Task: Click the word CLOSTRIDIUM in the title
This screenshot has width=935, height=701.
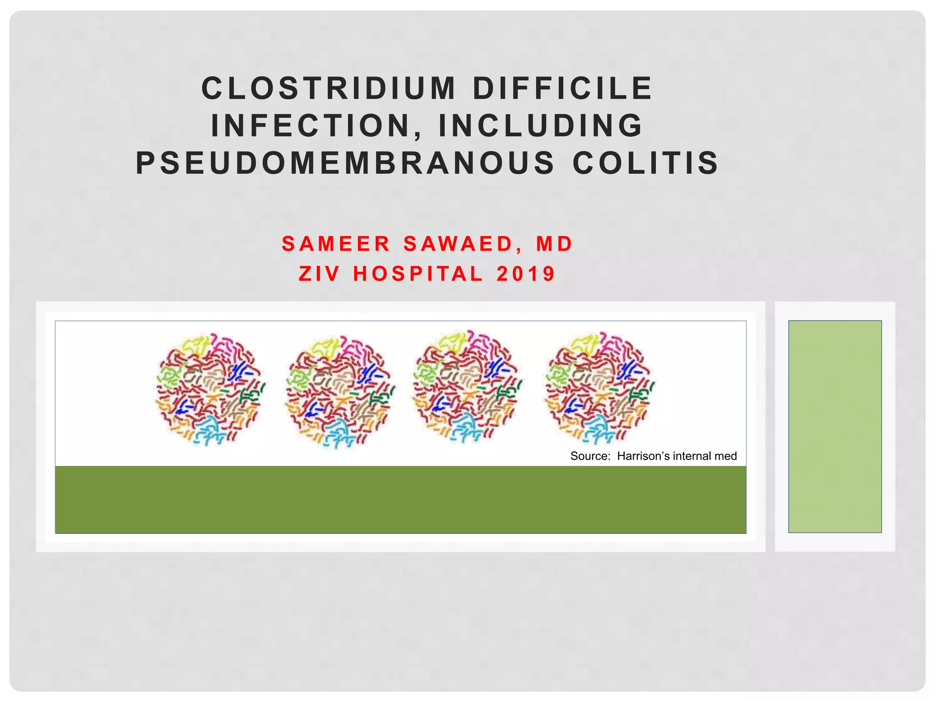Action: (x=329, y=88)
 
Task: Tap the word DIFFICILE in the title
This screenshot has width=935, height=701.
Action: (x=562, y=88)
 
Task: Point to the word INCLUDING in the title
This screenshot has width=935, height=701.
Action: (x=541, y=126)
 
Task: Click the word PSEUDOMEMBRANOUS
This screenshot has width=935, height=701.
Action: (x=345, y=163)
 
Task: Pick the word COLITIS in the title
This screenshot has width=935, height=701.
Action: (x=646, y=163)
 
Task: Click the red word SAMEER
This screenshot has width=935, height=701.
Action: (x=336, y=244)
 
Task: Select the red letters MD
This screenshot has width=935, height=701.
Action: (x=554, y=244)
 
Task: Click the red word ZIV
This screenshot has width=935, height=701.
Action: (x=319, y=274)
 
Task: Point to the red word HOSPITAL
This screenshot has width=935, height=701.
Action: (x=418, y=274)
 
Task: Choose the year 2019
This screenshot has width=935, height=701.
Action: (x=526, y=274)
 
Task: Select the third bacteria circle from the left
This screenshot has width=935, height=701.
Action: (x=467, y=387)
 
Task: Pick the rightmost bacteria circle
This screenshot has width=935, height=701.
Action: (x=599, y=388)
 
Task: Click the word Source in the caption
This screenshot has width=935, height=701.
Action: (x=590, y=456)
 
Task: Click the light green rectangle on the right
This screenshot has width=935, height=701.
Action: (x=835, y=426)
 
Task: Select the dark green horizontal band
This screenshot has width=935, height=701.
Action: (x=400, y=499)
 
